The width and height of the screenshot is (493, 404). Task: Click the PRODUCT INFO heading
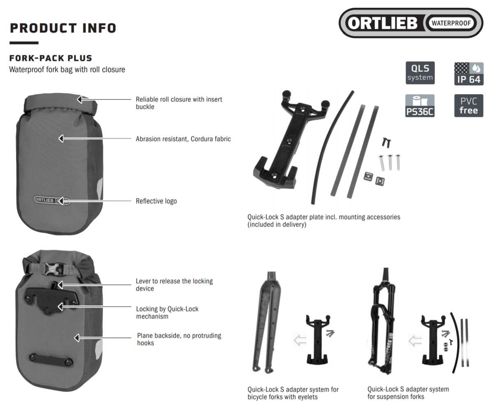63,28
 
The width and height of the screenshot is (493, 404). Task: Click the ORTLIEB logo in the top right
410,23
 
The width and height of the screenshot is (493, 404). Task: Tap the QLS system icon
420,73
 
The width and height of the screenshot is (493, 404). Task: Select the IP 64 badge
468,74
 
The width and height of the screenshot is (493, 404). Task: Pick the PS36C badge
420,106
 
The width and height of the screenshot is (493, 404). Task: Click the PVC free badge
468,106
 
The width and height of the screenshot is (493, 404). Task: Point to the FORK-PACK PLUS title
51,58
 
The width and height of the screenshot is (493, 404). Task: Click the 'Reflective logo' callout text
156,201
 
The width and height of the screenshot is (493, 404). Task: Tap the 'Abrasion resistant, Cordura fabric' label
183,139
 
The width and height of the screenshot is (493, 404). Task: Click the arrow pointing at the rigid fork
299,340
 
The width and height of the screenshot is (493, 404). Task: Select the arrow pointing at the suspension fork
415,340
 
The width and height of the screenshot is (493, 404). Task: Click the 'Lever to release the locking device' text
174,285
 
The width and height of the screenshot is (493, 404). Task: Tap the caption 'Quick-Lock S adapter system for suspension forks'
408,392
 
